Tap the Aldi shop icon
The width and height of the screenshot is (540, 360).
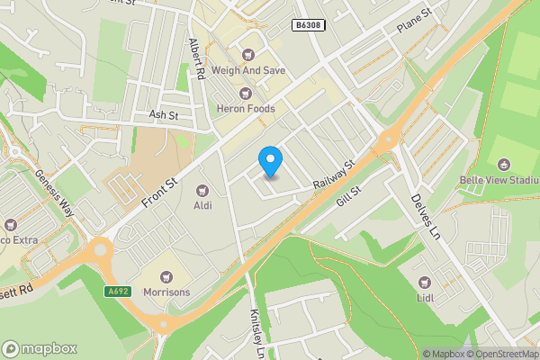(202, 190)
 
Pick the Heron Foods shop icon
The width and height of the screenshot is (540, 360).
(244, 93)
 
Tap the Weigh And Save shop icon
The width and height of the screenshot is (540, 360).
(249, 55)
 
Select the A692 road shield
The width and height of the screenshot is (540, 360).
(118, 292)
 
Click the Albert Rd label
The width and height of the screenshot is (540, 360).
(198, 58)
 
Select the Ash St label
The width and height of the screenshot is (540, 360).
(164, 115)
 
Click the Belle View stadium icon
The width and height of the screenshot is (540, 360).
(504, 166)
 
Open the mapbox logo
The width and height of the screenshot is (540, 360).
(40, 348)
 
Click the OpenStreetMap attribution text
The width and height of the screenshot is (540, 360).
(500, 354)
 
